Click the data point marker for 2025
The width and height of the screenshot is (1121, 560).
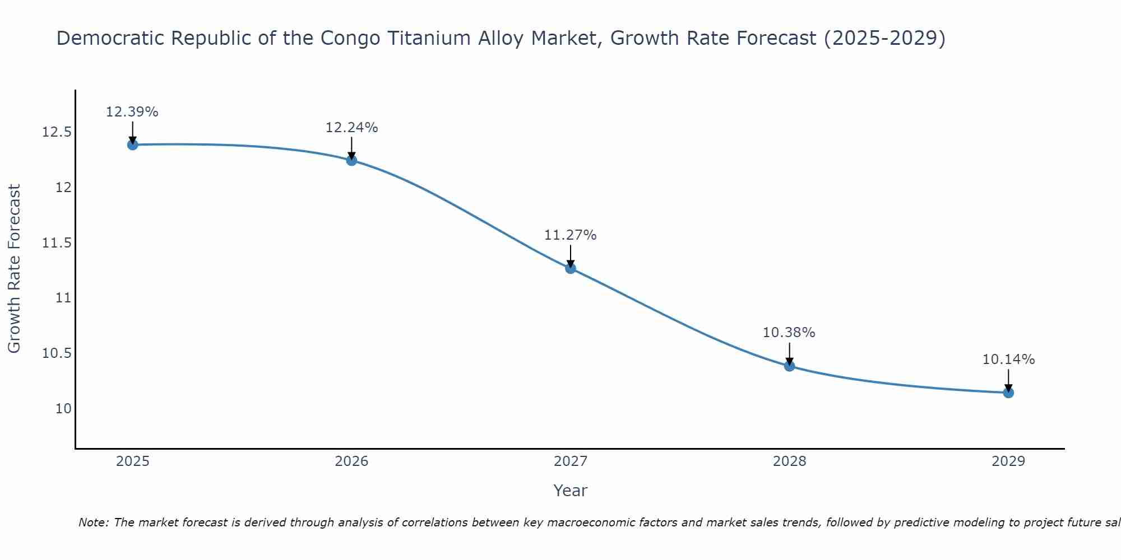133,144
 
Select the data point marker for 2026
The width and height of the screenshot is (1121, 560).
351,161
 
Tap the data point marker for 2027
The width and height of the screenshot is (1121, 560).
571,268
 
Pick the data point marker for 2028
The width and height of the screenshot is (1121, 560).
789,366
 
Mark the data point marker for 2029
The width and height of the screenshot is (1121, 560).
1008,393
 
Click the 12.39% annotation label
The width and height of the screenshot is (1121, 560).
132,112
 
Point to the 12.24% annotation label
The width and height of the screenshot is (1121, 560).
351,128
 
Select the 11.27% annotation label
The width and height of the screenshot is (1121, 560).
571,235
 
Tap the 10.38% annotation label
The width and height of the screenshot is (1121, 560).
789,333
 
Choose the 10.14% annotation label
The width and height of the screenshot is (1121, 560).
1008,360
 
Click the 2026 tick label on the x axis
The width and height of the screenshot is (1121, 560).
351,461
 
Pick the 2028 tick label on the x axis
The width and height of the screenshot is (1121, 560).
789,461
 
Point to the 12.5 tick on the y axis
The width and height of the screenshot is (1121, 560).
57,133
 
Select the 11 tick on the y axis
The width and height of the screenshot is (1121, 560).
64,298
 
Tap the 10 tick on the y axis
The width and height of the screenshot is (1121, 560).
64,408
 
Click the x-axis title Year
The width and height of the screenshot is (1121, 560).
571,491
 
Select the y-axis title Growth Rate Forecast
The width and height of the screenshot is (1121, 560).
15,269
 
